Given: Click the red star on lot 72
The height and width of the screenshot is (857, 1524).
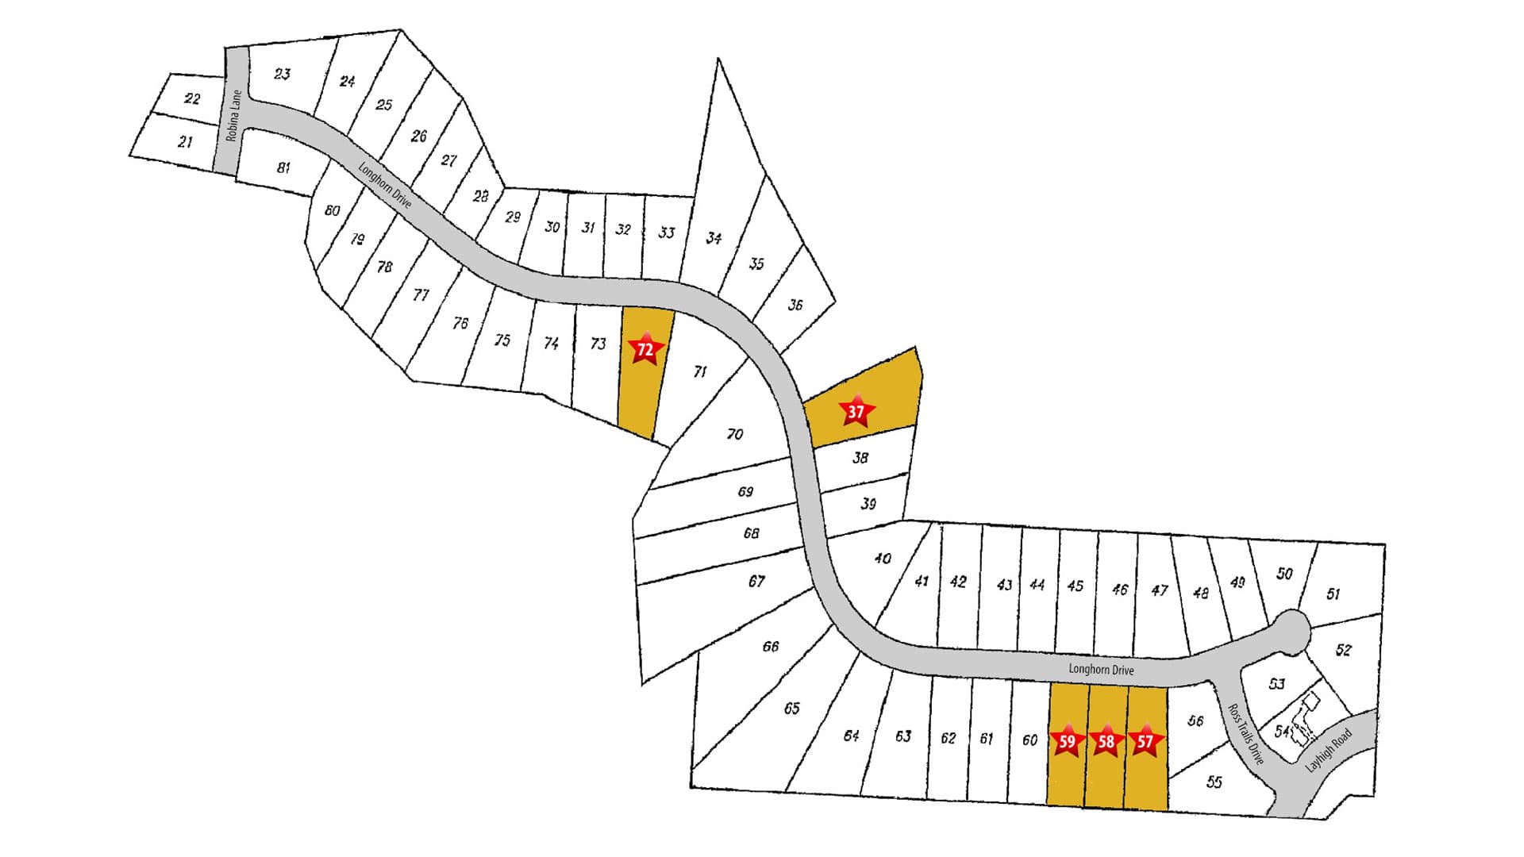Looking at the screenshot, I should coord(645,349).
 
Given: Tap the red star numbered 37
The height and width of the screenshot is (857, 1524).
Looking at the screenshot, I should coord(856,411).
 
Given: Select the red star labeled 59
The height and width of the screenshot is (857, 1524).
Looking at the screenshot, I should coord(1068,741).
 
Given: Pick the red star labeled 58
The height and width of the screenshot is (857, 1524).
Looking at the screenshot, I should coord(1106,741).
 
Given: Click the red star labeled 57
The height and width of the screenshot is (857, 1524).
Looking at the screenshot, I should coord(1145,741).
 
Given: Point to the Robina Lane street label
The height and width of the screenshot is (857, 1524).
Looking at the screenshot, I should coord(233,116).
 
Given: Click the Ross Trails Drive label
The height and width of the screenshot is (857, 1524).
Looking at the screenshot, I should coord(1245,734).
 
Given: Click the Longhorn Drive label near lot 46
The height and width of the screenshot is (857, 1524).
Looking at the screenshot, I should coord(1101,669).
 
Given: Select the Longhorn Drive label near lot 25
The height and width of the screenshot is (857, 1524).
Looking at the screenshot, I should coord(385,185).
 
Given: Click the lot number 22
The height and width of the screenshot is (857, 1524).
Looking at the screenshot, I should coord(192,98).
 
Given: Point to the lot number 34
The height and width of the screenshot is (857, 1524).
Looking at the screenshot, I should coord(714,237).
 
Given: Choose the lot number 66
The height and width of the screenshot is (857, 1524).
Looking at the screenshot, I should coord(770,646).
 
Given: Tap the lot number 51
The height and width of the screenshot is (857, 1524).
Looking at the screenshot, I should coord(1333,594).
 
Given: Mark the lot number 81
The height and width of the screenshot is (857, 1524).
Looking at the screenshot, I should coord(283,167).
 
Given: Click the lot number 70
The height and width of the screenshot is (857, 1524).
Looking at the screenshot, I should coord(734,433).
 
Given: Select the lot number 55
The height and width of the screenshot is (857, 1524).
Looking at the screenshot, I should coord(1214,782).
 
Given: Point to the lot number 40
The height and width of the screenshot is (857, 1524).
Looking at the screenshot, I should coord(882,558).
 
